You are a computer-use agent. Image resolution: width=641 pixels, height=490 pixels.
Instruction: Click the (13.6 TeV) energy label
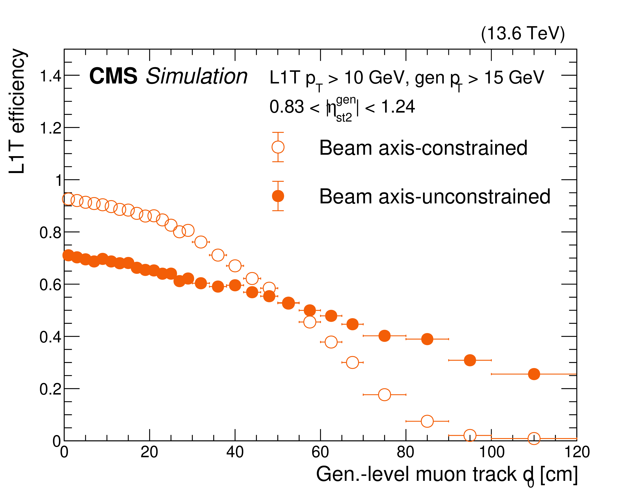coord(523,34)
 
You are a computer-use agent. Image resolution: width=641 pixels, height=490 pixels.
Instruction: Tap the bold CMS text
coord(113,76)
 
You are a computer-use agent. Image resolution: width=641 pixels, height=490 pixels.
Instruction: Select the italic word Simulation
coord(197,76)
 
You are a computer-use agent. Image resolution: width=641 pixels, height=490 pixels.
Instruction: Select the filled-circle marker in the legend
coord(278,196)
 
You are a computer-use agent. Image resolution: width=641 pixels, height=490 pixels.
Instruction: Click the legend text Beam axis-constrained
coord(423,148)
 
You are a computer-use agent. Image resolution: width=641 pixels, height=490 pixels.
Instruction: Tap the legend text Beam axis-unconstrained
coord(435,197)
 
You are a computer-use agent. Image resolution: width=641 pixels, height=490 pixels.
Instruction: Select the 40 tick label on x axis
coord(235,452)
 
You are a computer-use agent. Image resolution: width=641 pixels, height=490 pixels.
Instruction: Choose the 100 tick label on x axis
coord(492,452)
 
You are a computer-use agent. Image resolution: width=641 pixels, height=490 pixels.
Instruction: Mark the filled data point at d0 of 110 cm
coord(534,374)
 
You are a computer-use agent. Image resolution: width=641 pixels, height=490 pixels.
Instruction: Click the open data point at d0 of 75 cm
coord(384,395)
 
